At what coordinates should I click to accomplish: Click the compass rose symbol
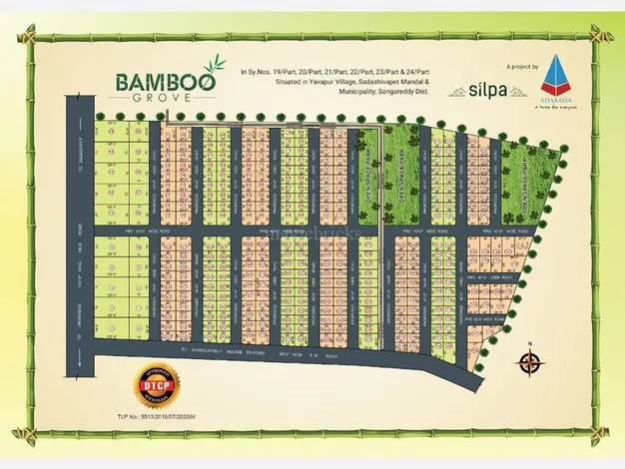531,364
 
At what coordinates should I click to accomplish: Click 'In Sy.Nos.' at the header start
256,72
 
